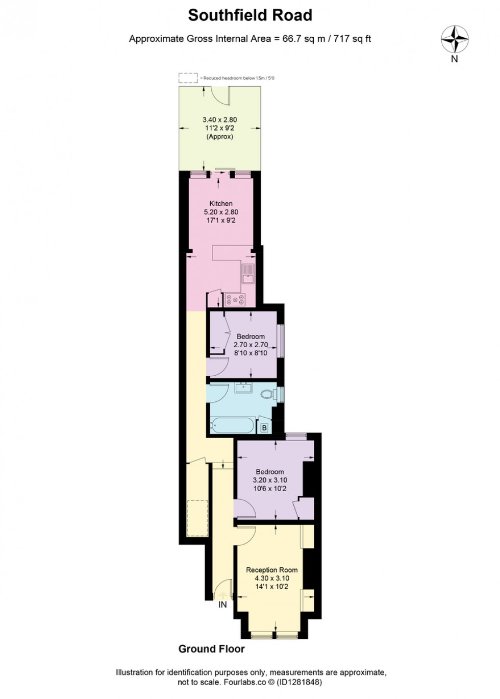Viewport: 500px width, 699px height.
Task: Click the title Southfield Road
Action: pyautogui.click(x=250, y=15)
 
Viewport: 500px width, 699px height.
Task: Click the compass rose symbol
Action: pyautogui.click(x=455, y=40)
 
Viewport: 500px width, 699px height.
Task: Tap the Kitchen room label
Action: pyautogui.click(x=221, y=203)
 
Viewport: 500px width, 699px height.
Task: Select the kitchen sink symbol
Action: pyautogui.click(x=248, y=273)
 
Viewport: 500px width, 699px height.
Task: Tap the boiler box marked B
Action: pyautogui.click(x=264, y=428)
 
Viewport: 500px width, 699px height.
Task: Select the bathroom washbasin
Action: pyautogui.click(x=244, y=388)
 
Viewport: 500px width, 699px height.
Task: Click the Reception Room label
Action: pyautogui.click(x=271, y=570)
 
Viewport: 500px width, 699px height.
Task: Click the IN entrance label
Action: pyautogui.click(x=222, y=605)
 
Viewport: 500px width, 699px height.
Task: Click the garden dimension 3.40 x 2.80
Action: pyautogui.click(x=220, y=120)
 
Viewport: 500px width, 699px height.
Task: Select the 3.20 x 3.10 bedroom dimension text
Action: pyautogui.click(x=270, y=480)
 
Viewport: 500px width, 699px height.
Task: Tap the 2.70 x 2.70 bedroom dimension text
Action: pyautogui.click(x=251, y=345)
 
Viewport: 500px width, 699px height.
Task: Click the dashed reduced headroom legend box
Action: pyautogui.click(x=188, y=78)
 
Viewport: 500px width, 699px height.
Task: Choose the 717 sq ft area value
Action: pyautogui.click(x=353, y=39)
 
